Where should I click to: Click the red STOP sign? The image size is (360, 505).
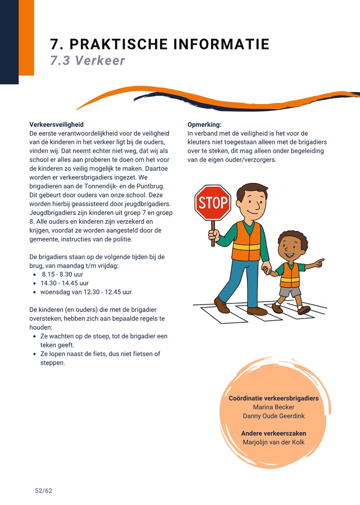click(x=213, y=203)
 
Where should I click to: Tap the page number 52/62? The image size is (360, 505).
click(x=43, y=491)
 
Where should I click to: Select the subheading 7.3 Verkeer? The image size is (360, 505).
click(x=87, y=61)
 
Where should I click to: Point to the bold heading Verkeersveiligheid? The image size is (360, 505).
click(x=57, y=124)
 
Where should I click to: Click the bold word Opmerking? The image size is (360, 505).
click(x=204, y=124)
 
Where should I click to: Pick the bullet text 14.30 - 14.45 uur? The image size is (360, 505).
click(x=65, y=283)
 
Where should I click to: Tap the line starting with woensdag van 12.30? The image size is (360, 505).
click(x=86, y=292)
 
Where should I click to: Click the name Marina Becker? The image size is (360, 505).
click(x=273, y=407)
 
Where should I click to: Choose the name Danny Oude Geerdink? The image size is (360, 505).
click(x=273, y=416)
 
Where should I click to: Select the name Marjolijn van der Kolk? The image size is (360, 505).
click(x=273, y=442)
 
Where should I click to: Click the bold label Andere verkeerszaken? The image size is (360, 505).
click(x=273, y=433)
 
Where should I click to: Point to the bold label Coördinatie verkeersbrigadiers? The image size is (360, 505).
click(x=273, y=398)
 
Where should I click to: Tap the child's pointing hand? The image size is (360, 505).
click(x=318, y=263)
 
